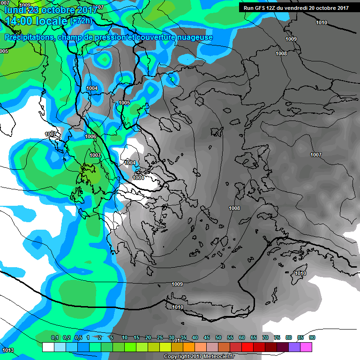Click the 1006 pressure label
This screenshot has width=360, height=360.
(90, 136)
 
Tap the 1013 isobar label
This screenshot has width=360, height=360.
(7, 350)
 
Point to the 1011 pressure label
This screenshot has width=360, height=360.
(177, 341)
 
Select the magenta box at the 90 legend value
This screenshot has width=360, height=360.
(306, 347)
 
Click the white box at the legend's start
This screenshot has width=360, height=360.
(48, 347)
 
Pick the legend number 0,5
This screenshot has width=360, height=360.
(78, 337)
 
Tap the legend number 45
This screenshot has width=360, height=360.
(207, 337)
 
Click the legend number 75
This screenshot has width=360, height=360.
(277, 337)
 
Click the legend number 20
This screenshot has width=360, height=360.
(148, 337)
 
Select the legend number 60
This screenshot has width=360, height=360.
(242, 337)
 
